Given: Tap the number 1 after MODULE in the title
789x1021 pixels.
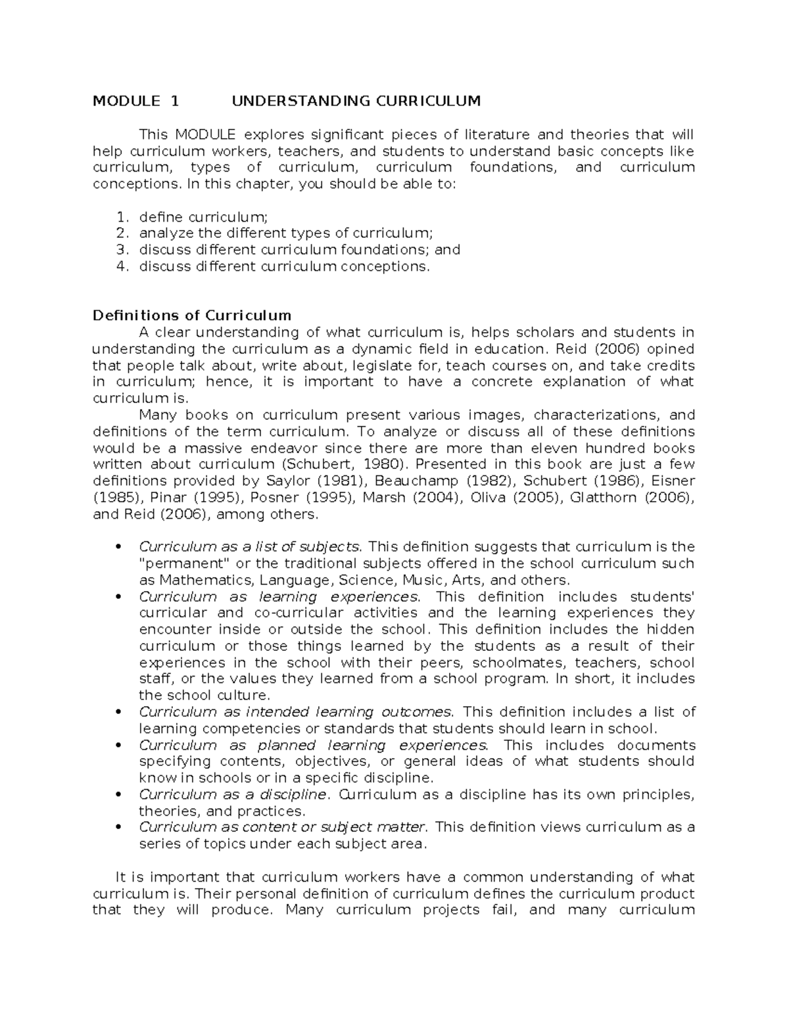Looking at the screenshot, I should (x=174, y=101).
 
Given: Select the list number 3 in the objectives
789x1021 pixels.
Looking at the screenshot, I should (x=120, y=250).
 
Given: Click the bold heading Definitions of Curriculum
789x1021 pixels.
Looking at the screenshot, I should (x=192, y=316).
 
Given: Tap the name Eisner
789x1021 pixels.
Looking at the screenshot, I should (x=672, y=481).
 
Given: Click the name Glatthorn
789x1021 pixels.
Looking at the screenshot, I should (x=604, y=498).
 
